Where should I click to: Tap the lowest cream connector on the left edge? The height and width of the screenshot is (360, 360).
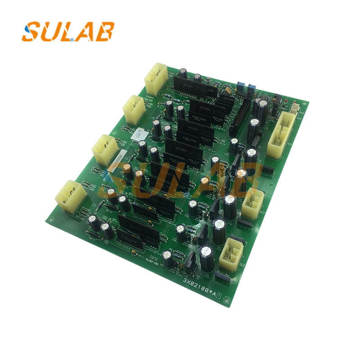(x=71, y=197)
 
